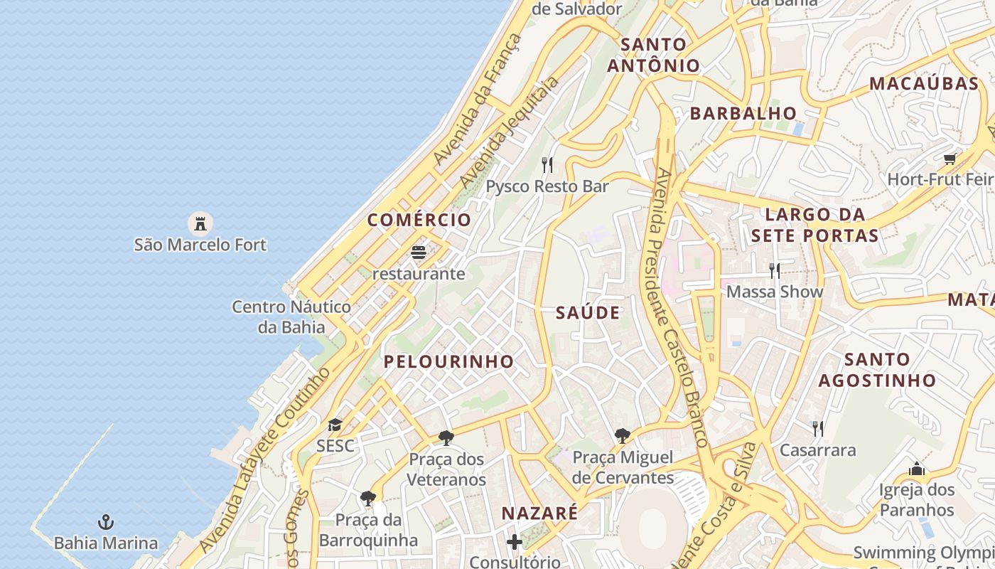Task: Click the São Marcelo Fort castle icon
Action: pos(200,223)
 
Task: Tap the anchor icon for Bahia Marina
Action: pos(106,523)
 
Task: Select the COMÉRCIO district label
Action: pos(419,220)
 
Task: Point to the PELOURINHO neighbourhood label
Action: pos(448,361)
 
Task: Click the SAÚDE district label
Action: pos(588,313)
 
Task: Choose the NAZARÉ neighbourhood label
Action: pos(539,513)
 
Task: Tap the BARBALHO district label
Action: pos(743,113)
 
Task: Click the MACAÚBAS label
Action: pos(924,83)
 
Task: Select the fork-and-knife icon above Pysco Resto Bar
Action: pos(547,165)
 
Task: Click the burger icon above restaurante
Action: pos(419,252)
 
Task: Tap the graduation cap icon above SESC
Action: pos(335,425)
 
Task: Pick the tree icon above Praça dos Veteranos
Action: pos(446,437)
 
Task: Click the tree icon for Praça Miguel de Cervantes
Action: pos(623,435)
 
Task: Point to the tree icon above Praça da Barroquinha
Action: pos(367,498)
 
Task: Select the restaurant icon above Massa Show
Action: pos(775,270)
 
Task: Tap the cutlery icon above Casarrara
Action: pos(818,428)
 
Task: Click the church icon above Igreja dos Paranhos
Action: pos(917,469)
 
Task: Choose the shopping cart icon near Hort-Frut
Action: pos(950,159)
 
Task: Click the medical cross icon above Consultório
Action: pos(515,542)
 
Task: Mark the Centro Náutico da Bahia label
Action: pos(291,317)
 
